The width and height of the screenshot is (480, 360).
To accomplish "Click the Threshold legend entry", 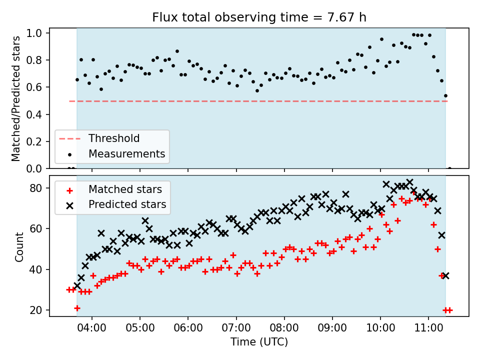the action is (x=114, y=138).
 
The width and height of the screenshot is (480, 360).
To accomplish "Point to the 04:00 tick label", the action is (x=92, y=328).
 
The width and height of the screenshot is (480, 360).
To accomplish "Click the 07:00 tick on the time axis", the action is (x=236, y=328).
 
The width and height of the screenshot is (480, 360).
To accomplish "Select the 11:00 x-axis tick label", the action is (x=428, y=328).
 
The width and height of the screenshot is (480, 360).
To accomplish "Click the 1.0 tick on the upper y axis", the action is (x=34, y=33).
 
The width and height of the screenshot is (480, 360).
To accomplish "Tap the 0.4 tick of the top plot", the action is (x=34, y=114).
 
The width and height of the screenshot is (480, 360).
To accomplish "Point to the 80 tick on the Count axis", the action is (x=36, y=188).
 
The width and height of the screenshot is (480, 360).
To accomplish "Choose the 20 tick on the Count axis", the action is (x=36, y=310).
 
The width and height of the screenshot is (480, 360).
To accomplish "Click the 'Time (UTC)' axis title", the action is (x=259, y=342).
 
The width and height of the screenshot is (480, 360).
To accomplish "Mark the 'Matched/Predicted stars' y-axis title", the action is (x=16, y=98).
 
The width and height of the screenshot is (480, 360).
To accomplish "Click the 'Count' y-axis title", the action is (x=19, y=247).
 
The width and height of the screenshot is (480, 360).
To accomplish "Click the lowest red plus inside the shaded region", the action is (x=77, y=308).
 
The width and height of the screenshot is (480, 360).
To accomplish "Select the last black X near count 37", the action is (x=445, y=276).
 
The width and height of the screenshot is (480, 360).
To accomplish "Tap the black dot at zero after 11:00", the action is (x=449, y=168).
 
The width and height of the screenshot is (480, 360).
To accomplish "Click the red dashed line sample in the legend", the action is (x=70, y=138).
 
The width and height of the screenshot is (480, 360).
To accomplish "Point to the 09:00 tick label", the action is (x=332, y=328).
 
